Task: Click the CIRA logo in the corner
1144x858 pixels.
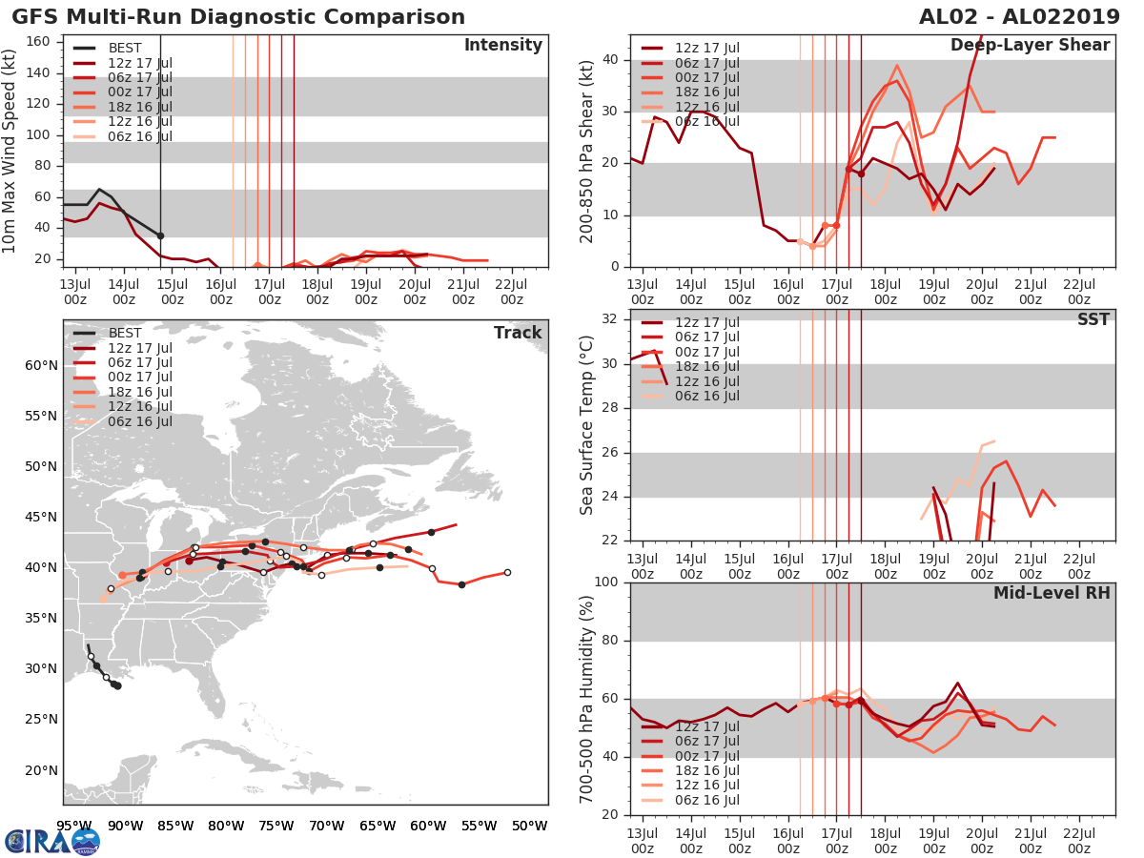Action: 51,841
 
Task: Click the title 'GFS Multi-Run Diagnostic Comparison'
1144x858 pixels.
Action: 238,17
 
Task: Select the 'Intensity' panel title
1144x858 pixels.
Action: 502,46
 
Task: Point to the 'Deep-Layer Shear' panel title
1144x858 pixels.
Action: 1030,46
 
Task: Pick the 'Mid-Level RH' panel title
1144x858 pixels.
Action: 1052,593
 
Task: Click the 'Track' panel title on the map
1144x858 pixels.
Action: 518,333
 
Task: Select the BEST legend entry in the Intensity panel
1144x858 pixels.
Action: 124,48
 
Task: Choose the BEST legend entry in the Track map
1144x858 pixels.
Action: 124,333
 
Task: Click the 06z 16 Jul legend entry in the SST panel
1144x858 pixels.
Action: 706,396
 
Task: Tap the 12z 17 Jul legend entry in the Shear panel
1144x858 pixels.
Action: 706,48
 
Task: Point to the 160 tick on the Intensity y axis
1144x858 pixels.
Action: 38,42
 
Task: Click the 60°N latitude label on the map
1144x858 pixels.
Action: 41,365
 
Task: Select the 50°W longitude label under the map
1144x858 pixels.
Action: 528,826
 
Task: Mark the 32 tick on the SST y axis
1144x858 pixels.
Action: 611,319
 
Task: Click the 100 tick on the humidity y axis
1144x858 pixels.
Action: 606,582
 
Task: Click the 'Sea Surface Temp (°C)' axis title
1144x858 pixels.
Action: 586,425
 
